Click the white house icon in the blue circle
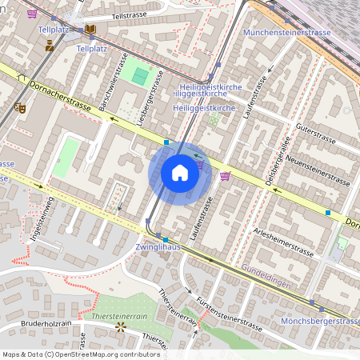tap(180, 174)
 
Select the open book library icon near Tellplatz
tap(90, 30)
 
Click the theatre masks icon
tap(19, 107)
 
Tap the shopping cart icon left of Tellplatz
tap(32, 14)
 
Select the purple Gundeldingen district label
tap(266, 274)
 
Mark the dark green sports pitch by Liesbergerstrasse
tap(142, 77)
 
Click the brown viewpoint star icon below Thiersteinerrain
tap(121, 327)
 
